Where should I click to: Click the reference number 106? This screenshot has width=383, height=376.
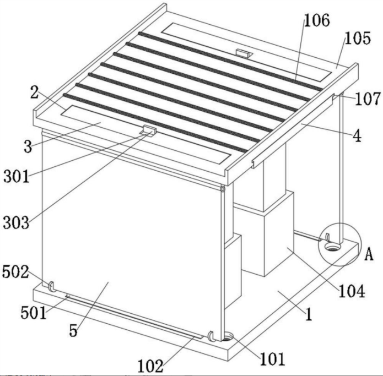coord(317,20)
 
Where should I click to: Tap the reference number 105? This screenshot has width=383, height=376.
coord(358,39)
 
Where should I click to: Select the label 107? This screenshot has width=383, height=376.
coord(368,99)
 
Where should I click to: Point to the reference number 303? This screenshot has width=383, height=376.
coord(16,223)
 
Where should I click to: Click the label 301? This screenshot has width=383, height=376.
coord(17,176)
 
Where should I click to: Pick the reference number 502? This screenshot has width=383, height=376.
coord(15,272)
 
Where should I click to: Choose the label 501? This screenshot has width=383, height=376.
coord(34,313)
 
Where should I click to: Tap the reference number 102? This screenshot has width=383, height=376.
coord(150,366)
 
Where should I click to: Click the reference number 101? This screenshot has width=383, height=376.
coord(272,359)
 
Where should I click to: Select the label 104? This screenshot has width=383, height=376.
coord(352,291)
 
